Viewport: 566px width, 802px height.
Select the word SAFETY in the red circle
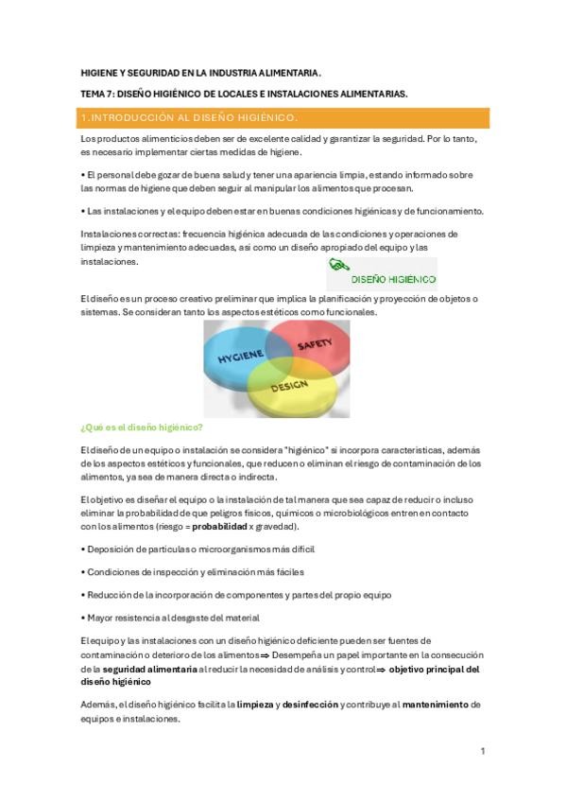pos(316,347)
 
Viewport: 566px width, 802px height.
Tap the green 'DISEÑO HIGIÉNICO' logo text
pos(392,279)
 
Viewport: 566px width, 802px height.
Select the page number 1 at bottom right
pos(482,751)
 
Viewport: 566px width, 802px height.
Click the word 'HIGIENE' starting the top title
pos(97,72)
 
